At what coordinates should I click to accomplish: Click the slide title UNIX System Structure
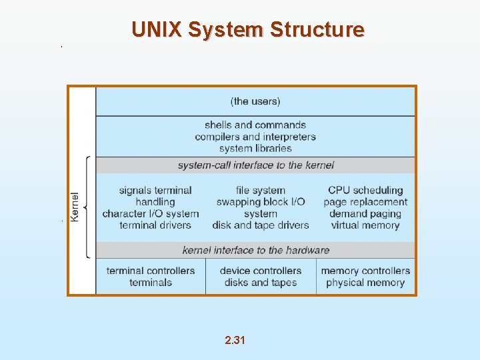[248, 30]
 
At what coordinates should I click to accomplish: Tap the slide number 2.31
[235, 341]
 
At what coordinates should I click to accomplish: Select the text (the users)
[255, 101]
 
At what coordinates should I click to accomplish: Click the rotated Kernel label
[75, 207]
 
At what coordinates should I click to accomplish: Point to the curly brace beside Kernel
[87, 207]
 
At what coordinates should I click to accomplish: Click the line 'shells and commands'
[255, 125]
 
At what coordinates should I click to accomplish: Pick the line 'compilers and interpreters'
[255, 137]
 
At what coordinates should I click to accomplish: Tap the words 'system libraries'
[255, 148]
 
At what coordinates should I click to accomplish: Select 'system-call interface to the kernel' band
[255, 165]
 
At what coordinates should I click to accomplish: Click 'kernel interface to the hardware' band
[255, 250]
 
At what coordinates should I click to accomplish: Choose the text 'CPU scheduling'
[365, 191]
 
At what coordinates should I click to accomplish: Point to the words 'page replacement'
[365, 202]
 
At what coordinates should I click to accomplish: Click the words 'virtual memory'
[365, 225]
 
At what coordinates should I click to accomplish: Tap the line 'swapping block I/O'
[261, 202]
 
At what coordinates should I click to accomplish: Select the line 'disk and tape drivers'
[261, 225]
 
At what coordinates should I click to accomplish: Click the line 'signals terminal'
[155, 191]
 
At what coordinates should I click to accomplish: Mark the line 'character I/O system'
[151, 214]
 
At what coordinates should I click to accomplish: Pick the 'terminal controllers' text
[151, 271]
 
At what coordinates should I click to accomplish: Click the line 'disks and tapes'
[261, 283]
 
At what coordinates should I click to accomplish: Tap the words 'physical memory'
[365, 283]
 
